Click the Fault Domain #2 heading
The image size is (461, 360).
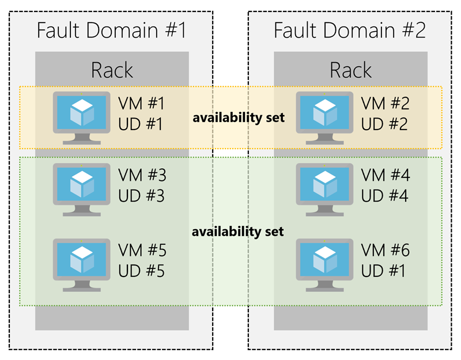click(x=350, y=30)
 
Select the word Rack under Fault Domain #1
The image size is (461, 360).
click(x=112, y=70)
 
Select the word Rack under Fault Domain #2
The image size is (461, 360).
click(x=350, y=70)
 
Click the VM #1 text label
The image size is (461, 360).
click(x=141, y=104)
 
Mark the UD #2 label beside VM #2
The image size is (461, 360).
click(x=384, y=124)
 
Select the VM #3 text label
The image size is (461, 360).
click(x=141, y=176)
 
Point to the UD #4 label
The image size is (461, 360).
click(x=384, y=196)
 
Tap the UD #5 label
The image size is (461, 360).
click(x=141, y=270)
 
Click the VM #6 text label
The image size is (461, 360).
click(x=384, y=251)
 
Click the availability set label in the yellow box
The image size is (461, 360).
click(x=239, y=118)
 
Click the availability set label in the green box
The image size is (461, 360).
click(x=239, y=232)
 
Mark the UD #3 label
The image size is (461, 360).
click(x=141, y=196)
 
